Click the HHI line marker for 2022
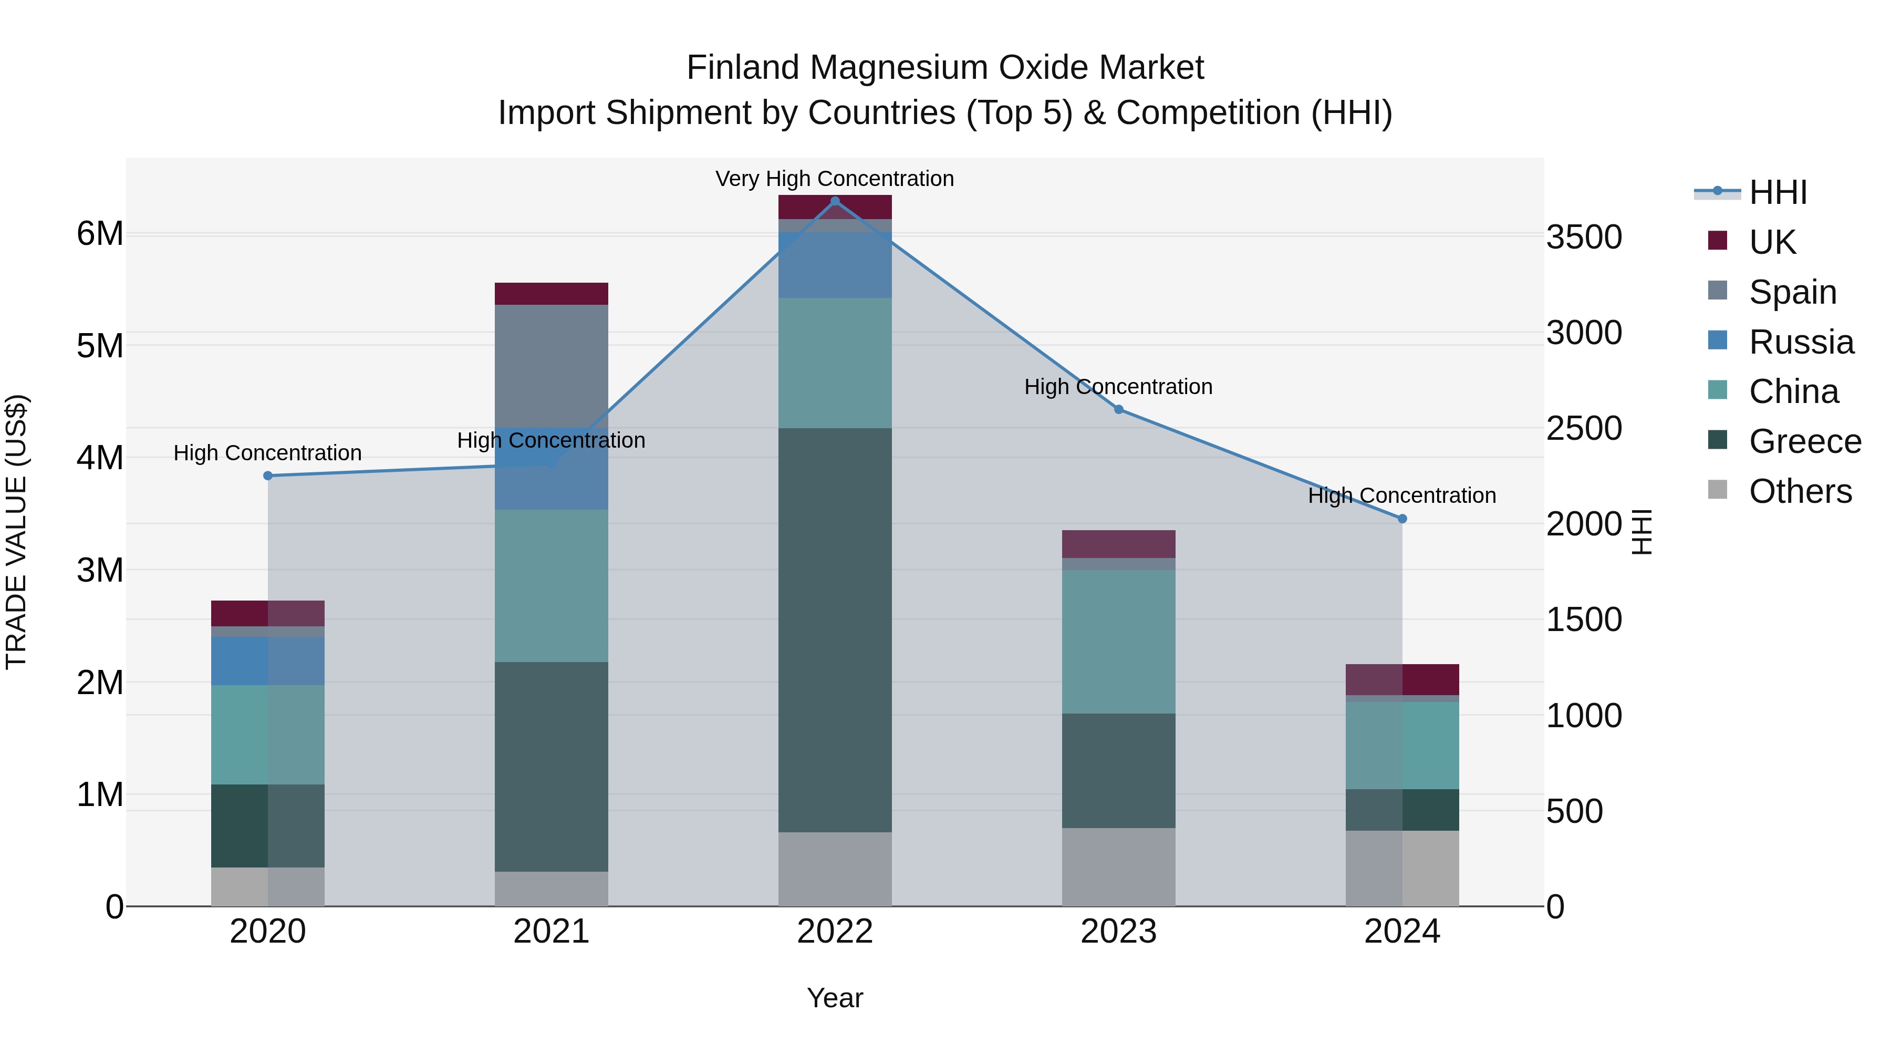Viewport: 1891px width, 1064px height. pos(835,201)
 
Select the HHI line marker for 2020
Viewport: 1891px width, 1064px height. pos(268,476)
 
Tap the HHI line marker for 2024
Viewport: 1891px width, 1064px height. pos(1402,519)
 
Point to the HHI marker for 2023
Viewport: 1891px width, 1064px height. pos(1119,410)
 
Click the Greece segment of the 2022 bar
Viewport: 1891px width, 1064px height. pos(835,629)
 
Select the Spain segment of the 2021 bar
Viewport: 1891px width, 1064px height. pos(552,366)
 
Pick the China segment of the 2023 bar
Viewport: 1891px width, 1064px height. pos(1119,641)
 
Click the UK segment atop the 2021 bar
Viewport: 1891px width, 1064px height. pos(552,294)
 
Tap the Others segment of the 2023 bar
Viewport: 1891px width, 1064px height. pos(1119,866)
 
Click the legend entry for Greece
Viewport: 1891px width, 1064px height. pos(1804,441)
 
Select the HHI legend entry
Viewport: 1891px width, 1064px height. pos(1776,192)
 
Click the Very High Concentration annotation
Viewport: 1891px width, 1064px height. pos(835,179)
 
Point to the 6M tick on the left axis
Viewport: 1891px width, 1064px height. pos(100,234)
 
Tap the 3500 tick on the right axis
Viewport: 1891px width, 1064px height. pos(1584,237)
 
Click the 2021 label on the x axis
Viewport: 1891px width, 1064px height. pos(552,932)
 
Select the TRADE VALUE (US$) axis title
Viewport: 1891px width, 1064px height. pos(16,532)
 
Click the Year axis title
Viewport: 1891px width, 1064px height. pos(835,998)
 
